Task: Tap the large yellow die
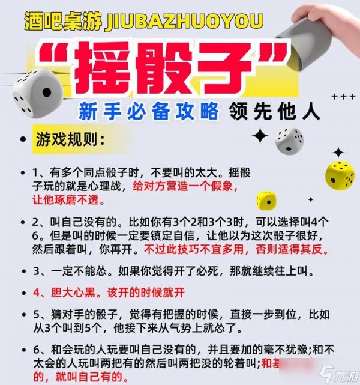tap(339, 174)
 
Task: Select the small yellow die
tap(265, 200)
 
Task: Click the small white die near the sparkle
tap(289, 140)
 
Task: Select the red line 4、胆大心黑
tap(101, 294)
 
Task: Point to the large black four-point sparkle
tap(260, 136)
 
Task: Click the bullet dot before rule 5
tap(22, 314)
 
